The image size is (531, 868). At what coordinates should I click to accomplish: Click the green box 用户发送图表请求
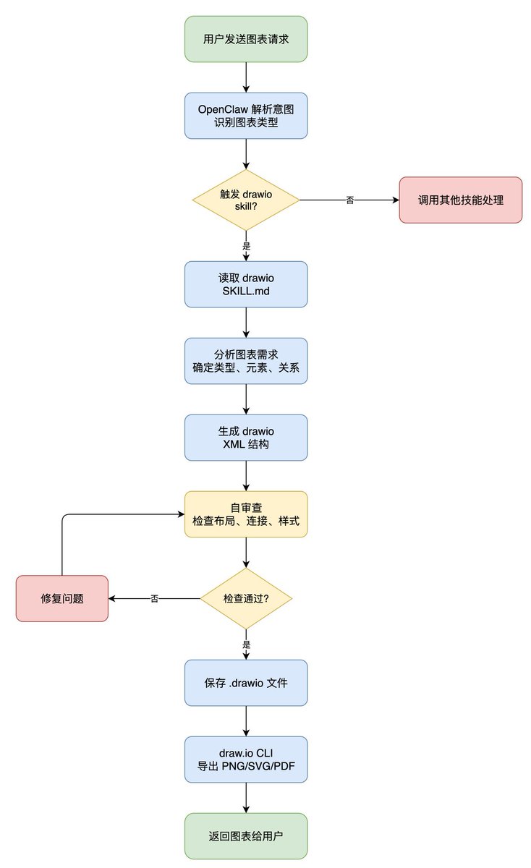[246, 39]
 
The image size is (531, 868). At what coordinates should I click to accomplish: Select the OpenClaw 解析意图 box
[246, 116]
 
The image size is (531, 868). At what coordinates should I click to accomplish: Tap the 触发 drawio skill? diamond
[246, 200]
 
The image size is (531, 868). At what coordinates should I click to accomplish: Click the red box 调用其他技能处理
[460, 200]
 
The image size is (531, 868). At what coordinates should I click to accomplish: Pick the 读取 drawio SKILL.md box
[246, 284]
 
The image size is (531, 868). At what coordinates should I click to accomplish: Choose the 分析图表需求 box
[246, 361]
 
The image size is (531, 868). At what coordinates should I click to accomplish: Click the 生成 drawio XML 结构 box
[246, 438]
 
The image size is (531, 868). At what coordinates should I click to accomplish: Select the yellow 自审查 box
[246, 514]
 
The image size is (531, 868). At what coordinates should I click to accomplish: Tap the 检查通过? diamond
[246, 598]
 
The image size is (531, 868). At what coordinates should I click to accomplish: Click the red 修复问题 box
[62, 598]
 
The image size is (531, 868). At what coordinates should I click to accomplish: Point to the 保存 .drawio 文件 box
[246, 682]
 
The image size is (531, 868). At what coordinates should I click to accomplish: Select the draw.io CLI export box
[246, 759]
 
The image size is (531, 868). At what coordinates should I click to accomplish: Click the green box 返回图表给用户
[246, 836]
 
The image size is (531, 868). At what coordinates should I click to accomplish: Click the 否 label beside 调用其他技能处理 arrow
[350, 200]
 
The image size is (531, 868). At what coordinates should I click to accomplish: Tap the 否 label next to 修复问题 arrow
[155, 599]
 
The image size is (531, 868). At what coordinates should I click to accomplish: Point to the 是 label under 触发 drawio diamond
[246, 246]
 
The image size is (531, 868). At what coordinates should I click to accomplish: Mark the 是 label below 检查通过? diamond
[246, 644]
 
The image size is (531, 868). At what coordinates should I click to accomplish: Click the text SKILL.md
[246, 292]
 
